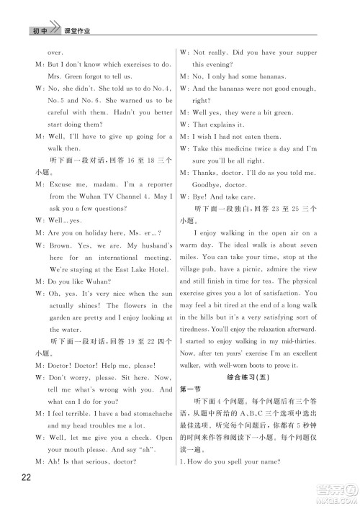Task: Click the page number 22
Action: coord(27,482)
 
